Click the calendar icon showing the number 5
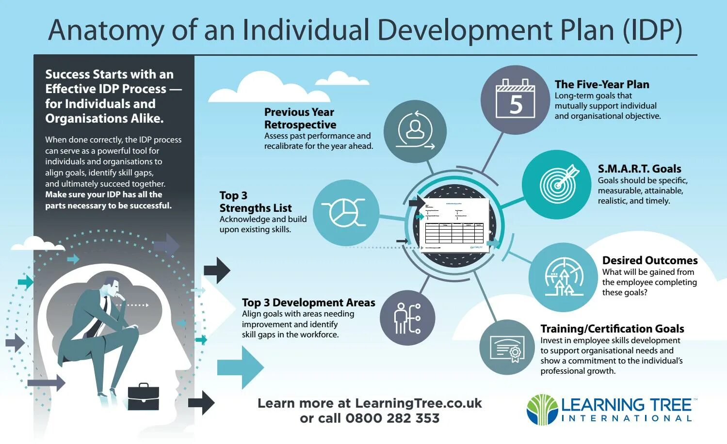(515, 99)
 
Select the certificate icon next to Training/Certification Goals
(507, 348)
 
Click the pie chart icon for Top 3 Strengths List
(346, 212)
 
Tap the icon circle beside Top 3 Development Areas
(407, 318)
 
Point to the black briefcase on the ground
(143, 397)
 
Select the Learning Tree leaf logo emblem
(542, 410)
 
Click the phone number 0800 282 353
(392, 418)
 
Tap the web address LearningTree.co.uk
(418, 403)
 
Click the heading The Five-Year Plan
(602, 84)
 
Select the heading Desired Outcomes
(649, 260)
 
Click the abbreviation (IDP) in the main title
(652, 30)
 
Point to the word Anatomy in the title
(106, 30)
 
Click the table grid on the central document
(453, 233)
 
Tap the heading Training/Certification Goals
(612, 329)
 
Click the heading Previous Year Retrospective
(300, 118)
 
